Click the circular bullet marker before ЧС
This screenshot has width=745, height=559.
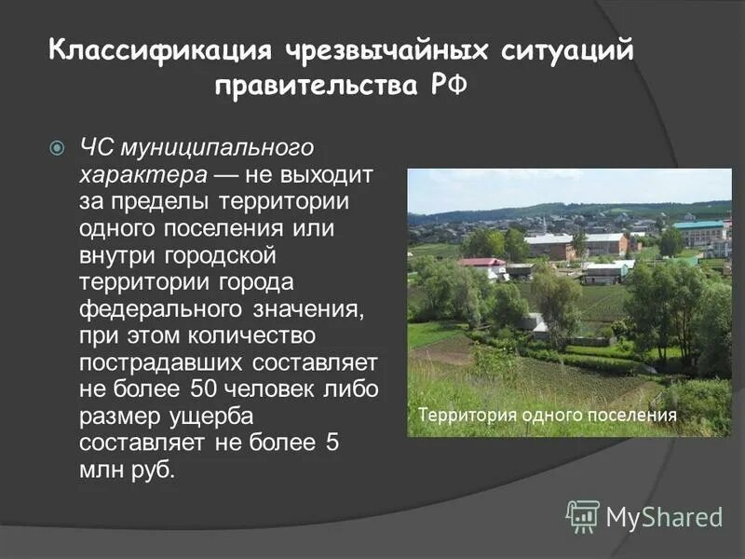point(56,147)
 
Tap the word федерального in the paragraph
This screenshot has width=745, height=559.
point(159,307)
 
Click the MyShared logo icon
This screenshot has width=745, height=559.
point(583,516)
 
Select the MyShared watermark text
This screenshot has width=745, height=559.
point(664,516)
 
